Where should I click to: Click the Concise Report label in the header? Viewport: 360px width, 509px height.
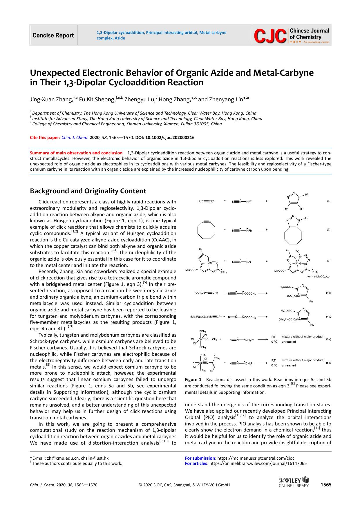click(x=53, y=35)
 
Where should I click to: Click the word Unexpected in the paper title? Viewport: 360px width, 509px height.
click(x=54, y=73)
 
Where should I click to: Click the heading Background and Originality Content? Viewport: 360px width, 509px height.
click(x=88, y=191)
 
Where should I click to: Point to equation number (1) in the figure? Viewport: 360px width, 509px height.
click(x=328, y=201)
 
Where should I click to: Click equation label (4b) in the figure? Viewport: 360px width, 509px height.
click(x=328, y=317)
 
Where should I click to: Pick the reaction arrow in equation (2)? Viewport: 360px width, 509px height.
click(x=263, y=230)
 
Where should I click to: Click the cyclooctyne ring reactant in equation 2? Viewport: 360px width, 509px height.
click(x=206, y=230)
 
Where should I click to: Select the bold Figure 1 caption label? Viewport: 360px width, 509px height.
click(x=193, y=380)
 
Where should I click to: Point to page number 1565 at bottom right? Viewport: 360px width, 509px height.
click(x=326, y=485)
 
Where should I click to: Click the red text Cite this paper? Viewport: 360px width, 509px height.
click(x=45, y=138)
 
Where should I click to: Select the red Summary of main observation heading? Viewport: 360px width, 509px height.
click(x=76, y=153)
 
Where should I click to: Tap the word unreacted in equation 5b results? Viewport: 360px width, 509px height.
click(x=289, y=365)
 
